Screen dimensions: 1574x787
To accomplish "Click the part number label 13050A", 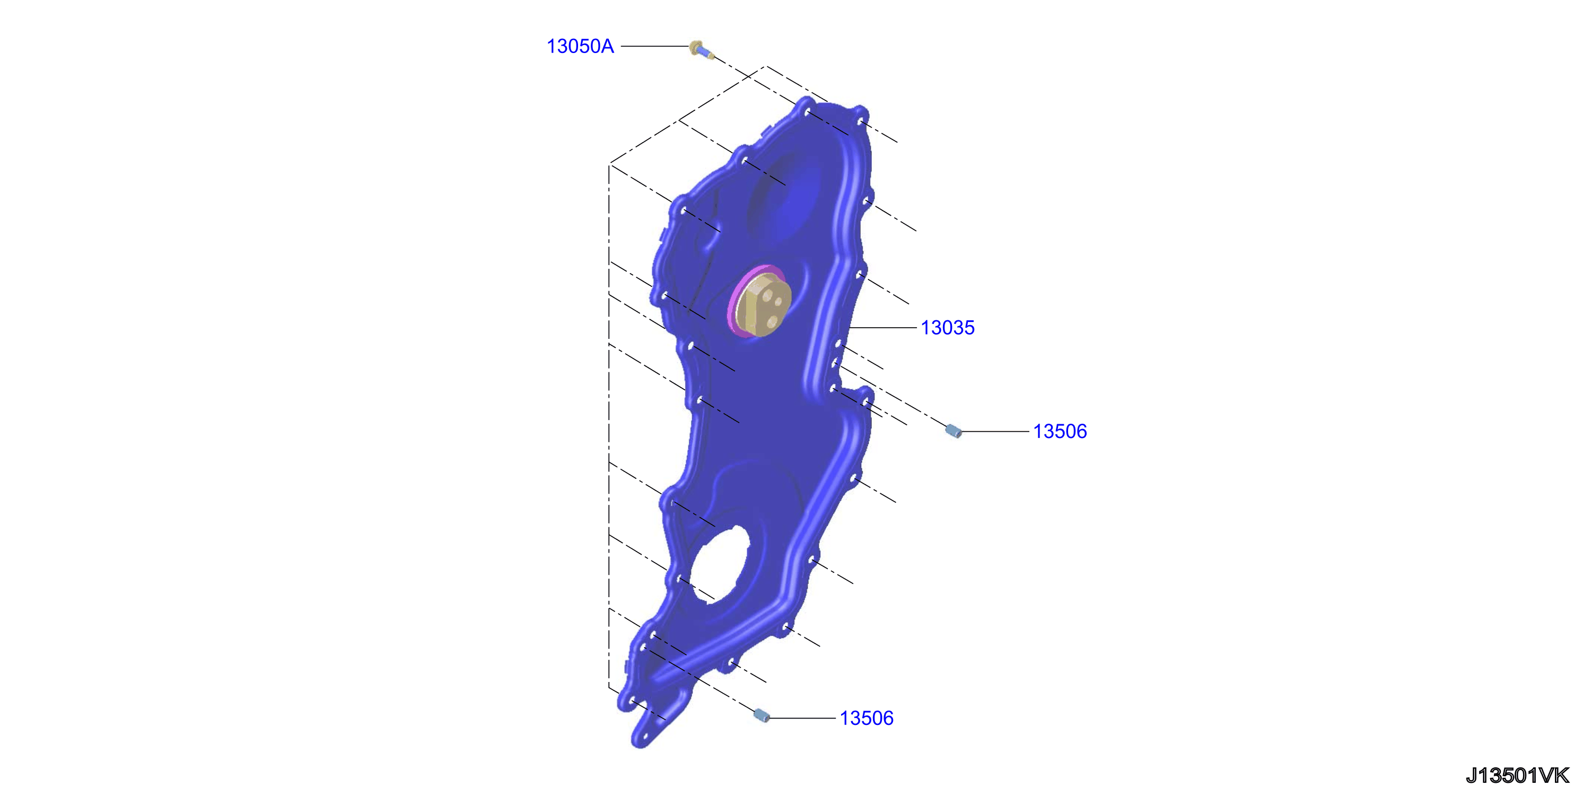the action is [580, 47].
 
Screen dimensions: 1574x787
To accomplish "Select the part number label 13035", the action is [948, 328].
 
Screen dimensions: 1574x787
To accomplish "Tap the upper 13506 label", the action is [1060, 431].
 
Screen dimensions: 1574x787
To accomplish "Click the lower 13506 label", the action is [867, 718].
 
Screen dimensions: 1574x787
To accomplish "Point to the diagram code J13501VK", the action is [1518, 775].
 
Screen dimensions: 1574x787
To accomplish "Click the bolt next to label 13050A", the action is [702, 49].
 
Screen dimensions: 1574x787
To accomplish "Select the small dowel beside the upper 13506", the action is [953, 431].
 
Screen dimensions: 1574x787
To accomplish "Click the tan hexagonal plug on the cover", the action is [764, 305].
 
